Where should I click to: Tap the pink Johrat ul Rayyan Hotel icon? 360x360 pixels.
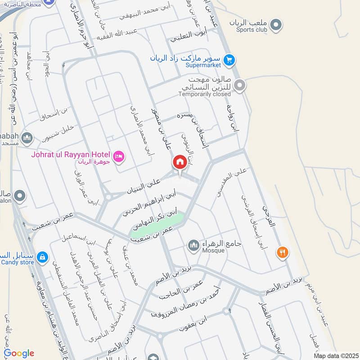tap(119, 156)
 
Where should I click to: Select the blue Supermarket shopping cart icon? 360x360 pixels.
tap(229, 59)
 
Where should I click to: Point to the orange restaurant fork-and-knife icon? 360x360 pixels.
tap(283, 252)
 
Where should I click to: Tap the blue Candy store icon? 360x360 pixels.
tap(42, 257)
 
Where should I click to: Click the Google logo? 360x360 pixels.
tap(18, 353)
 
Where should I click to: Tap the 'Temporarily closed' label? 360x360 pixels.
tap(204, 94)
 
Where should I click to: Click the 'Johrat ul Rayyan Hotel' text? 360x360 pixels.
tap(70, 154)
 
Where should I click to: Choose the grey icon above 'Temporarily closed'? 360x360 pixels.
tap(240, 85)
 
